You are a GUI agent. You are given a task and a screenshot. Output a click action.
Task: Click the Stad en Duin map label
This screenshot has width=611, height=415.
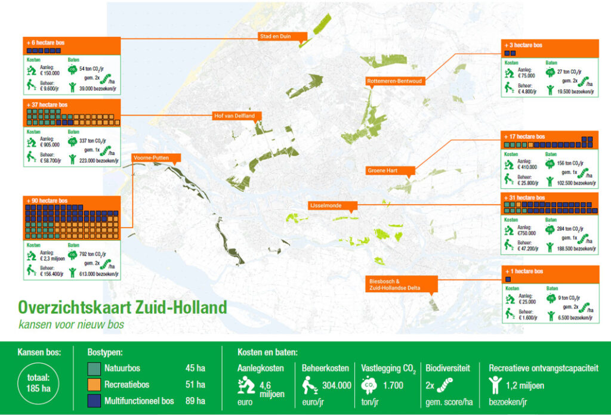coord(283,36)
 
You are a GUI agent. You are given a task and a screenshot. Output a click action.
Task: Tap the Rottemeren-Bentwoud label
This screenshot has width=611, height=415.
coord(395,80)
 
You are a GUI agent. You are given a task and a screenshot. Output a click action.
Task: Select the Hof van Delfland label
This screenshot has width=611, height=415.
coord(235,116)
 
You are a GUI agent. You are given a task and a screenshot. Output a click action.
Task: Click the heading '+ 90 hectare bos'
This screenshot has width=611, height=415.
coord(47,200)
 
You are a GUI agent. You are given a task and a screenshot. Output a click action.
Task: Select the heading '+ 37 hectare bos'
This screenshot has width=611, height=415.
coord(47,104)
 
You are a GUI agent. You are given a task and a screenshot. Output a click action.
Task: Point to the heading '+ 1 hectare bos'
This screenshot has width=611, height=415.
coord(523,271)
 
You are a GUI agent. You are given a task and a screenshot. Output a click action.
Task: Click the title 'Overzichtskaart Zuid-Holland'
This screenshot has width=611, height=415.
coord(122,308)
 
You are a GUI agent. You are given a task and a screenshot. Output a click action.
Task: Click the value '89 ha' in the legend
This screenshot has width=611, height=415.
coord(195,401)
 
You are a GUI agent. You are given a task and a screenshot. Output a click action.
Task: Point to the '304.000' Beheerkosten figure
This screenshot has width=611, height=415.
coord(335,386)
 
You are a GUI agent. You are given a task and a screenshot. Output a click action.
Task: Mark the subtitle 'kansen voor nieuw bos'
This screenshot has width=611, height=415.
coord(72,325)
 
